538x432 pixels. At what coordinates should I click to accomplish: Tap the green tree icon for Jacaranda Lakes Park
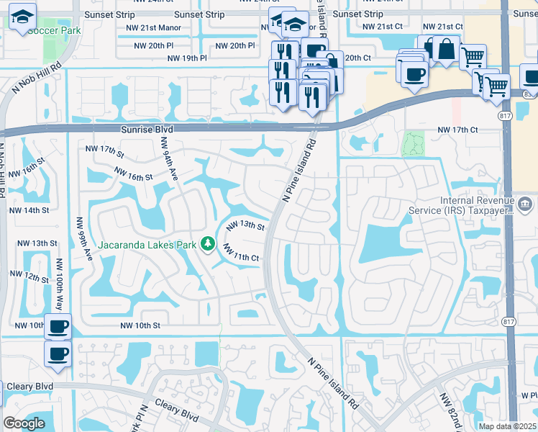[209, 244]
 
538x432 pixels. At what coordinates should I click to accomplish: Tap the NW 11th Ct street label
[241, 253]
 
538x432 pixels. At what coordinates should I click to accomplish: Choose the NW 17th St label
[105, 150]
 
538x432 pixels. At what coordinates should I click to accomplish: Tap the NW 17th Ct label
[457, 130]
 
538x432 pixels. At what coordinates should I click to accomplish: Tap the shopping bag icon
[446, 50]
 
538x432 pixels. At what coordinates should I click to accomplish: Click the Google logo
[24, 423]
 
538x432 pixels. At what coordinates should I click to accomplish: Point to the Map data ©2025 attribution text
[506, 426]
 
